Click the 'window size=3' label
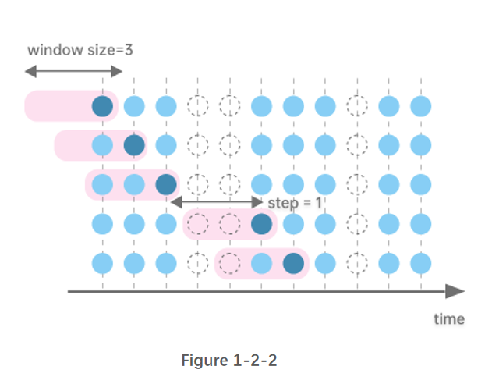coord(81,50)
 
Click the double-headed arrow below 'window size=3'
coord(73,72)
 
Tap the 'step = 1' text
coord(294,203)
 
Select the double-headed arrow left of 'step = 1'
coord(216,202)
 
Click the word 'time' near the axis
coord(448,318)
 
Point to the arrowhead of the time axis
coord(455,292)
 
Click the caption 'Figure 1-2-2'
coord(228,361)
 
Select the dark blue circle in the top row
coord(103,105)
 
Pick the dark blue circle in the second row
coord(134,144)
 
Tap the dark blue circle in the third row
coord(165,184)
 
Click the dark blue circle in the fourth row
coord(262,224)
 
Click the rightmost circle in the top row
coord(420,105)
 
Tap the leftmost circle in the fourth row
coord(103,224)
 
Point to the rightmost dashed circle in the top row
coord(357,105)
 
